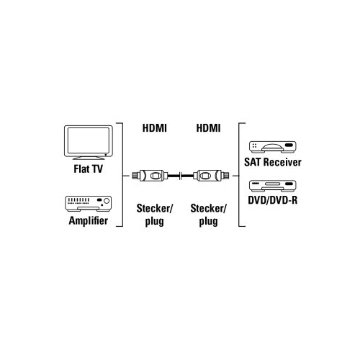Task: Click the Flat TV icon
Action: pyautogui.click(x=89, y=143)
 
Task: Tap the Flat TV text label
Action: pyautogui.click(x=88, y=169)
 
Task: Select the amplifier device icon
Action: pyautogui.click(x=89, y=204)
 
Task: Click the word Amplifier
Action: pyautogui.click(x=89, y=221)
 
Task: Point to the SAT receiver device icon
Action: pyautogui.click(x=273, y=147)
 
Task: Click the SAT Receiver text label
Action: pyautogui.click(x=273, y=162)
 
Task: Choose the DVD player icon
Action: pyautogui.click(x=273, y=186)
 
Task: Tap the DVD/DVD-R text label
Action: pyautogui.click(x=273, y=200)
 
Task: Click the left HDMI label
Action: pyautogui.click(x=155, y=128)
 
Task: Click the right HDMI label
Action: pyautogui.click(x=208, y=128)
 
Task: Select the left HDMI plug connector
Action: pyautogui.click(x=150, y=176)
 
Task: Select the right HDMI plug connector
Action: pyautogui.click(x=211, y=176)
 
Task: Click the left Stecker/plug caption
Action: pyautogui.click(x=155, y=215)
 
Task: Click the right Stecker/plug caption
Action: pyautogui.click(x=208, y=215)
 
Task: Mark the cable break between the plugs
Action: pyautogui.click(x=181, y=176)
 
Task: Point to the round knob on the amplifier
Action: pyautogui.click(x=107, y=201)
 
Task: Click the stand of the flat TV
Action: pyautogui.click(x=89, y=158)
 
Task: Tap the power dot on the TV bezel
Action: pyautogui.click(x=106, y=155)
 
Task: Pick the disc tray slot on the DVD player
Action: pyautogui.click(x=273, y=184)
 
